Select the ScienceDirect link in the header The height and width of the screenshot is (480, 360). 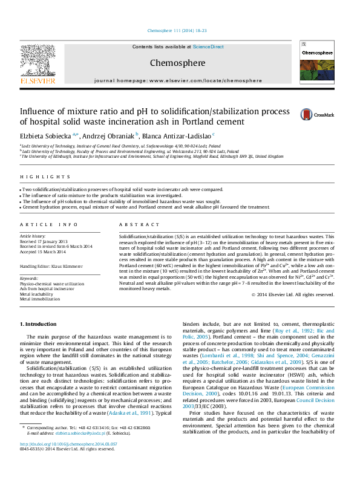(x=209, y=47)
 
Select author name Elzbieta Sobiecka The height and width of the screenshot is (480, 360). (x=46, y=135)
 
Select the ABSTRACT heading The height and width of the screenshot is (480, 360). (x=131, y=224)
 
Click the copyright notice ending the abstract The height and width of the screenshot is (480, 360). (x=292, y=294)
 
